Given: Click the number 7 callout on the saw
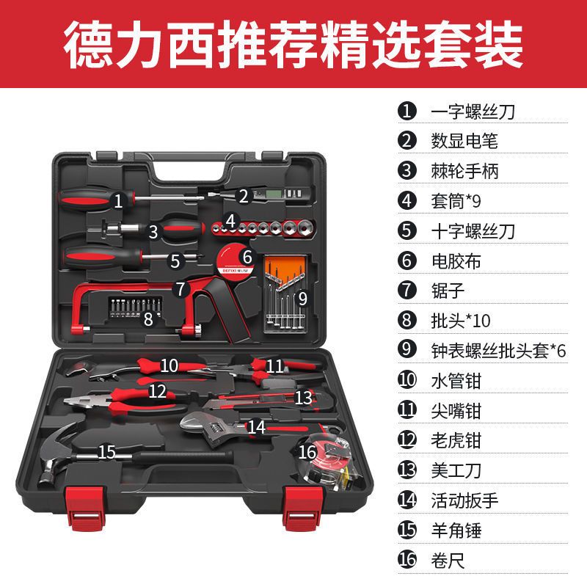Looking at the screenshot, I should tap(181, 288).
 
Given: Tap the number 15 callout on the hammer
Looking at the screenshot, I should tap(107, 451).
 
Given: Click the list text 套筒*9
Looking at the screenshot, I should tap(455, 200).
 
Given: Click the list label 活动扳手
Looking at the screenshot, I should tap(464, 500).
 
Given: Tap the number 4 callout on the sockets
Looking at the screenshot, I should tap(230, 219).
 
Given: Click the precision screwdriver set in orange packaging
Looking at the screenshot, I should tap(287, 290).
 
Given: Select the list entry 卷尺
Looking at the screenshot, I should tap(448, 560).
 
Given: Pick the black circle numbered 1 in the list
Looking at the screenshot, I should tap(407, 111).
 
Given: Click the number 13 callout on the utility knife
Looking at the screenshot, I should tap(303, 397).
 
